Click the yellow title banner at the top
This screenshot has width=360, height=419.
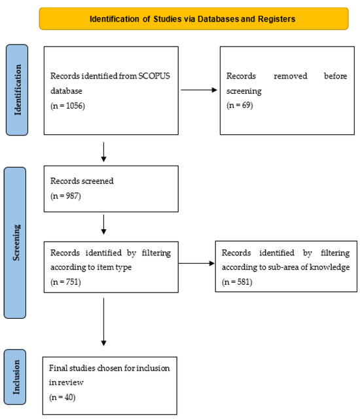pyautogui.click(x=194, y=18)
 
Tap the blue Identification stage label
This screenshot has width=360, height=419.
pyautogui.click(x=17, y=90)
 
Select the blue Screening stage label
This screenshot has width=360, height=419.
pyautogui.click(x=15, y=243)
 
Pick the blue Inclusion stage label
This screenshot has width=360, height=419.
pyautogui.click(x=15, y=377)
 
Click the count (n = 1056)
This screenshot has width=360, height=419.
pyautogui.click(x=67, y=106)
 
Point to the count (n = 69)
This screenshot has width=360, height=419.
pyautogui.click(x=240, y=105)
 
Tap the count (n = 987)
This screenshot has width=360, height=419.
pyautogui.click(x=65, y=196)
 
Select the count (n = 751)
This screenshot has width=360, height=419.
pyautogui.click(x=65, y=282)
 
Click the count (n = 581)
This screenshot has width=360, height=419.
pyautogui.click(x=237, y=282)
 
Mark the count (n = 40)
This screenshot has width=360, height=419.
pyautogui.click(x=62, y=397)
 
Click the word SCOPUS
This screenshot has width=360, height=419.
pyautogui.click(x=154, y=76)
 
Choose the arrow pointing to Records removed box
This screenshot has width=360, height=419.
pyautogui.click(x=199, y=90)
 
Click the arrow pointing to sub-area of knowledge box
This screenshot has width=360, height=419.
pyautogui.click(x=196, y=263)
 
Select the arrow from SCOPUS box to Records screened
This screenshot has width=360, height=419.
pyautogui.click(x=103, y=152)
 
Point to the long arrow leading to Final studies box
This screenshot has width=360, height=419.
pyautogui.click(x=103, y=322)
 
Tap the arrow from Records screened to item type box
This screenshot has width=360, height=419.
pyautogui.click(x=103, y=225)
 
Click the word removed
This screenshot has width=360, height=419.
pyautogui.click(x=291, y=76)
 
